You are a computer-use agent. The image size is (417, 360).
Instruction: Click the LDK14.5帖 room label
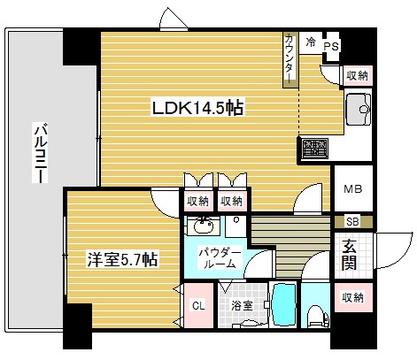coord(196,109)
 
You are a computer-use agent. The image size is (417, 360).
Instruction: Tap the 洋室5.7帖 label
coord(122,260)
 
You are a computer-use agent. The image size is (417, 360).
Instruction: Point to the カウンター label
coord(290,60)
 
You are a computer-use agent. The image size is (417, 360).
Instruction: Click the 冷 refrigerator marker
coord(311,41)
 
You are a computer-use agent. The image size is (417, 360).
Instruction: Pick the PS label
coord(332,46)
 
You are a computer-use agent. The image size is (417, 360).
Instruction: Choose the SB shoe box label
coord(351,221)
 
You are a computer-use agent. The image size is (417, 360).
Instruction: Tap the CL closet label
coord(198,305)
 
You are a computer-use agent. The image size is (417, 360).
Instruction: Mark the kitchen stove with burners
coord(314,149)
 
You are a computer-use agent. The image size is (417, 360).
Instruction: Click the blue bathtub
coord(285,305)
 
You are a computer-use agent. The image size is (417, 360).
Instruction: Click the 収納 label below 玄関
coord(351,297)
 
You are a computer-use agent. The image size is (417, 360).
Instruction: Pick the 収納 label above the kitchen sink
coord(357,77)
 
